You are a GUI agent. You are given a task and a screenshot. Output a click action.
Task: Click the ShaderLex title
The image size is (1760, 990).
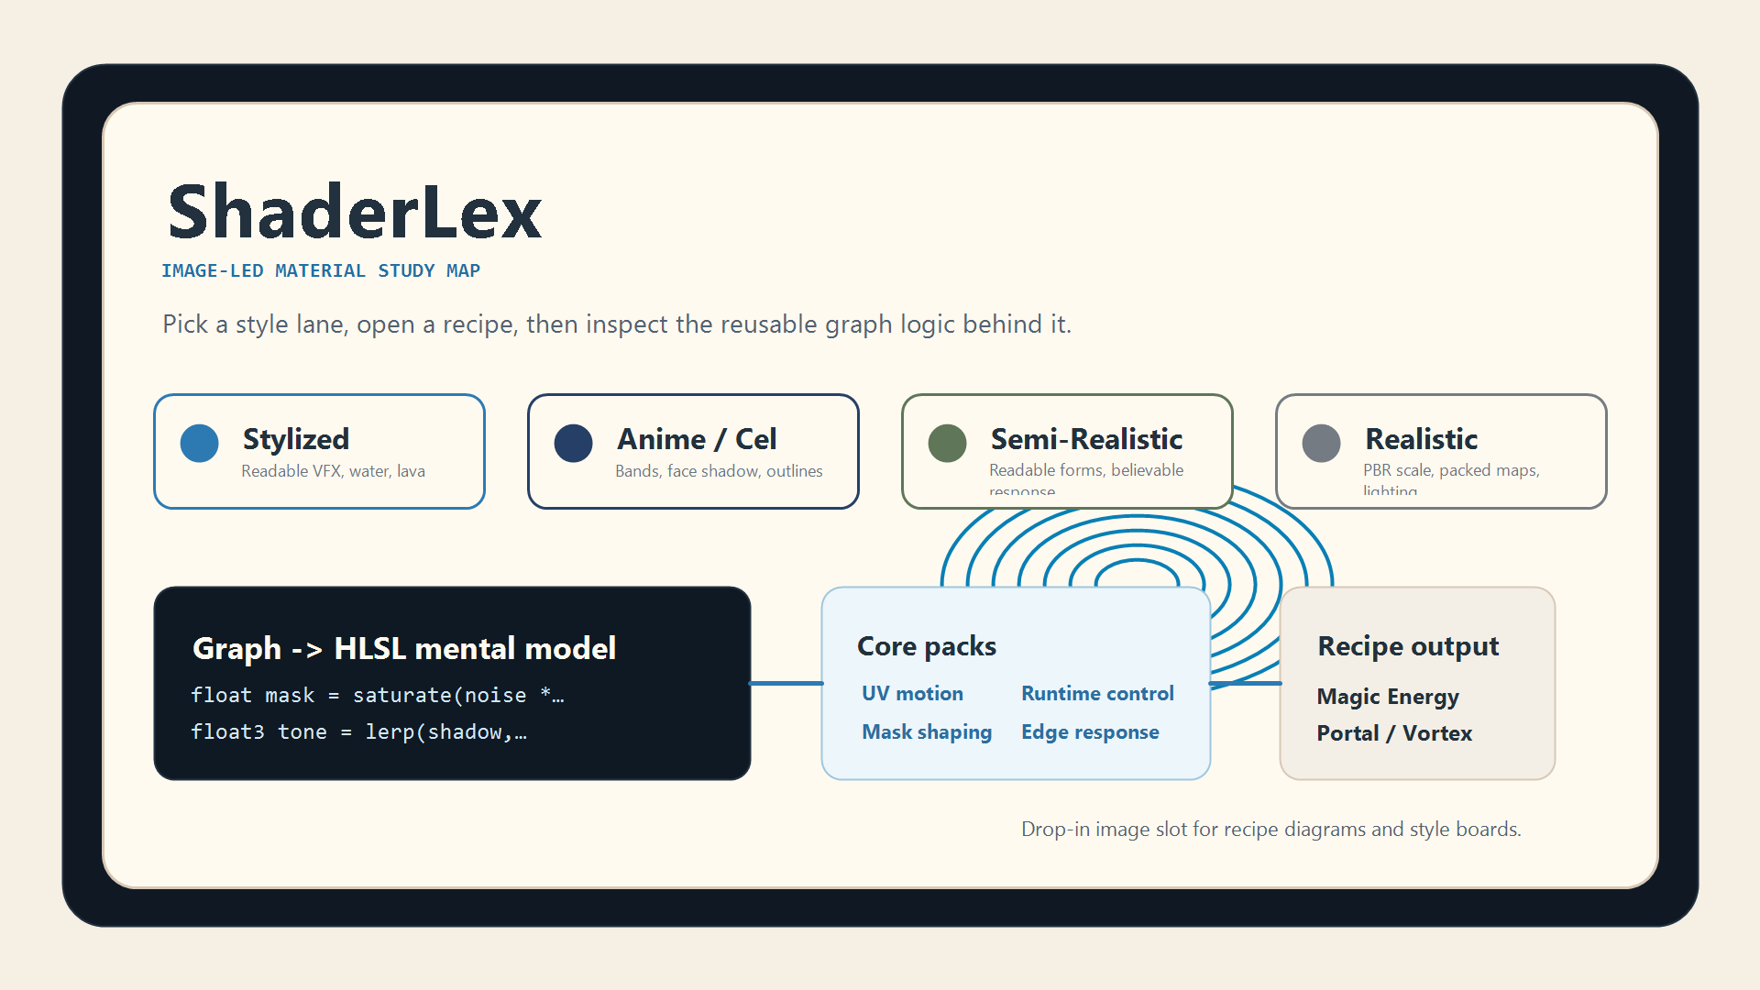355,212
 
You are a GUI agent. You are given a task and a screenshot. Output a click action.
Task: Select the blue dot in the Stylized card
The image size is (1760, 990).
199,444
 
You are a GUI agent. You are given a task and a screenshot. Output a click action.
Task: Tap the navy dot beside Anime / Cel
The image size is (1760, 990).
573,444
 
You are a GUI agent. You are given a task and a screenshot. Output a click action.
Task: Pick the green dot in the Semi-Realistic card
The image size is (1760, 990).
947,444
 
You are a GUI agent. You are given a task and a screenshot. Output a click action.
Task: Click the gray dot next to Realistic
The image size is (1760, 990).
1321,444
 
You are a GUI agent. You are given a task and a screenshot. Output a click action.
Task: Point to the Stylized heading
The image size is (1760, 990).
295,439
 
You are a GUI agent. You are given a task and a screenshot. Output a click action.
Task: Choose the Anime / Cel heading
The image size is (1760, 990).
697,439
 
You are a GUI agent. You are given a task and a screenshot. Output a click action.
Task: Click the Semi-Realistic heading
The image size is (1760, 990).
1086,439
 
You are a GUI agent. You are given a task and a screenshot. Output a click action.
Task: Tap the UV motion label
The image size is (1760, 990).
912,694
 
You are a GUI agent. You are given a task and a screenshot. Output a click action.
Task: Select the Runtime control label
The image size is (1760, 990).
1097,694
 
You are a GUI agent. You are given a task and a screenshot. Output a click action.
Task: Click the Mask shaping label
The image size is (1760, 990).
927,732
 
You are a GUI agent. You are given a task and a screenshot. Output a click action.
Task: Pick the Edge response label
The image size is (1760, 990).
1090,732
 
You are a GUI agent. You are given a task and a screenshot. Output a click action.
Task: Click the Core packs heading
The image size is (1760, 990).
926,646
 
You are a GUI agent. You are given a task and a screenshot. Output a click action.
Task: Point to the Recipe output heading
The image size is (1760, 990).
1408,646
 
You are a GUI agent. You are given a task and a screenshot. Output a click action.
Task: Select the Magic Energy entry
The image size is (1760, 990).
1388,697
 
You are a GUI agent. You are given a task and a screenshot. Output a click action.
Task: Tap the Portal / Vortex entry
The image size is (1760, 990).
1394,733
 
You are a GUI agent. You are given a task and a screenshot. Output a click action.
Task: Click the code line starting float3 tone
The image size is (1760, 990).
358,732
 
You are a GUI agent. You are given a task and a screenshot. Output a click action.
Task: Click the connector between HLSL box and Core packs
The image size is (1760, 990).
786,683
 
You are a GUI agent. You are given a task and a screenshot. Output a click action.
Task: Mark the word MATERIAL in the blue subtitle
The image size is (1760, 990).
320,271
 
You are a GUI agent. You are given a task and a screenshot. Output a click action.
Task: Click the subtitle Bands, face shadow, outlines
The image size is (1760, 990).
719,471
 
